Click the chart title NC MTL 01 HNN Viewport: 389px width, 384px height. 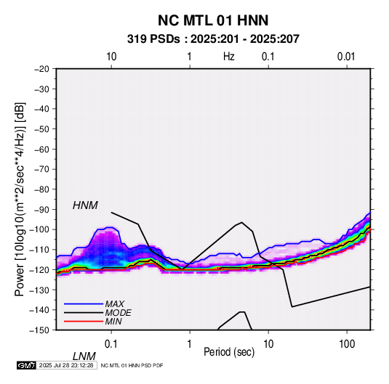(x=213, y=20)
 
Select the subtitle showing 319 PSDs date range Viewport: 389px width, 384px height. (x=213, y=39)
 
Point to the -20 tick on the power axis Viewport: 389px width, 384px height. (x=41, y=69)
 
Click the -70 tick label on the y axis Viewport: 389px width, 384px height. (x=41, y=169)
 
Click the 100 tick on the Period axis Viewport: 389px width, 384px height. (x=347, y=343)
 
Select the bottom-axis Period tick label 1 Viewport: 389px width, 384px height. (x=190, y=343)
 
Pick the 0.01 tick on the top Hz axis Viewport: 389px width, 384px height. (x=346, y=57)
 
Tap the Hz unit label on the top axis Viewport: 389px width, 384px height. (x=229, y=57)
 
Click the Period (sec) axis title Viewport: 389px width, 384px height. (x=229, y=352)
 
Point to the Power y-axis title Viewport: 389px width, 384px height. (x=20, y=199)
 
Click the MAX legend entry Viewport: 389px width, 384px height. (x=114, y=304)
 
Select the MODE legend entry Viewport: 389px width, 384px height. (x=118, y=313)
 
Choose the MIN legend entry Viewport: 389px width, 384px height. (x=113, y=322)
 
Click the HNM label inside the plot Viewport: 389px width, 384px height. (x=85, y=205)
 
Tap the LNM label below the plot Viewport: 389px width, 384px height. (x=84, y=356)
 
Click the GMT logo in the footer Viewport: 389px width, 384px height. (x=27, y=365)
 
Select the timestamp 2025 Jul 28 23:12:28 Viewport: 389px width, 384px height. (x=66, y=365)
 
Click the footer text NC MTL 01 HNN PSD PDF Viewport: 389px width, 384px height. (x=132, y=365)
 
